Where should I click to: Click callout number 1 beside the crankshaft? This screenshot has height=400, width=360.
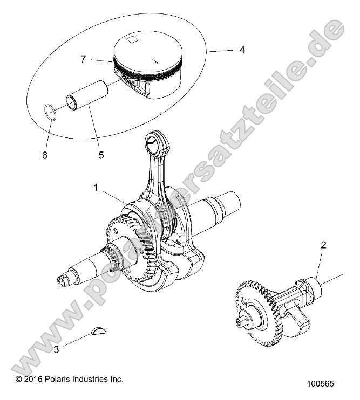96,188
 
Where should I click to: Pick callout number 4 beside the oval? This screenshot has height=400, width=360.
242,50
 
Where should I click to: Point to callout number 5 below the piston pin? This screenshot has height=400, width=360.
101,155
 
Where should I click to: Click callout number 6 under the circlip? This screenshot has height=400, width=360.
45,155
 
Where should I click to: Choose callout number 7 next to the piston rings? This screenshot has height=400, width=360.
83,59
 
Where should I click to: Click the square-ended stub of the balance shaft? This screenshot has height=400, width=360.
241,322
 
